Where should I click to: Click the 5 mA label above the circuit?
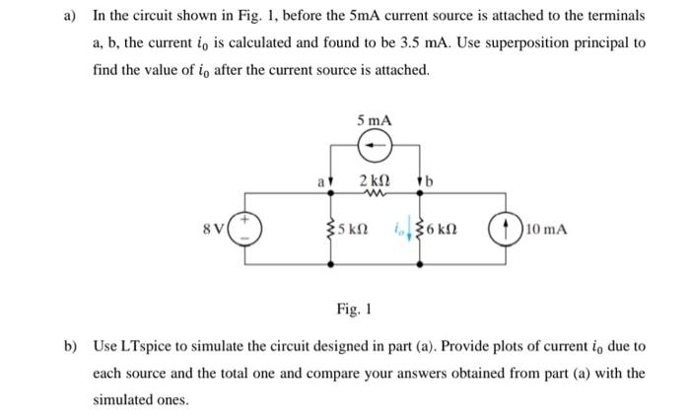[x=375, y=119]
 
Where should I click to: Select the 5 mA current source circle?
[x=375, y=148]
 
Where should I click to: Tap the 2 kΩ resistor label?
[x=375, y=180]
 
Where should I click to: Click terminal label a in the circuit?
[x=319, y=181]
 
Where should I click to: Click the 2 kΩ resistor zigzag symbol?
[x=375, y=194]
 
